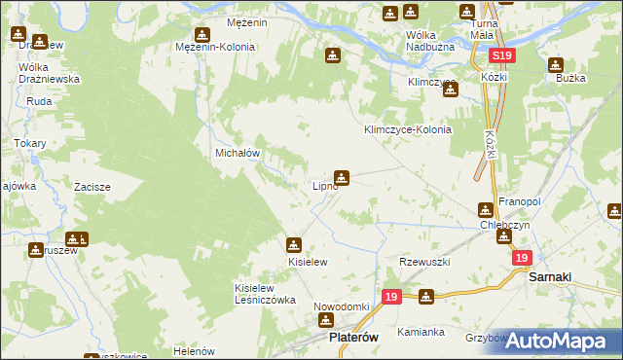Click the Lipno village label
[323, 186]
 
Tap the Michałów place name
[236, 154]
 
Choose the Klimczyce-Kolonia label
[408, 129]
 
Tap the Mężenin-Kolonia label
[215, 47]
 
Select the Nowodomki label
[341, 306]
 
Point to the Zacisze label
[92, 187]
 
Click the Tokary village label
[29, 143]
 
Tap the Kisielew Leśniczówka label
[265, 294]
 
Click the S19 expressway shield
[501, 57]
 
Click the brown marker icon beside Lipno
[342, 177]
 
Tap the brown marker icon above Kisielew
[294, 244]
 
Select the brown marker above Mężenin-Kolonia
[202, 32]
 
